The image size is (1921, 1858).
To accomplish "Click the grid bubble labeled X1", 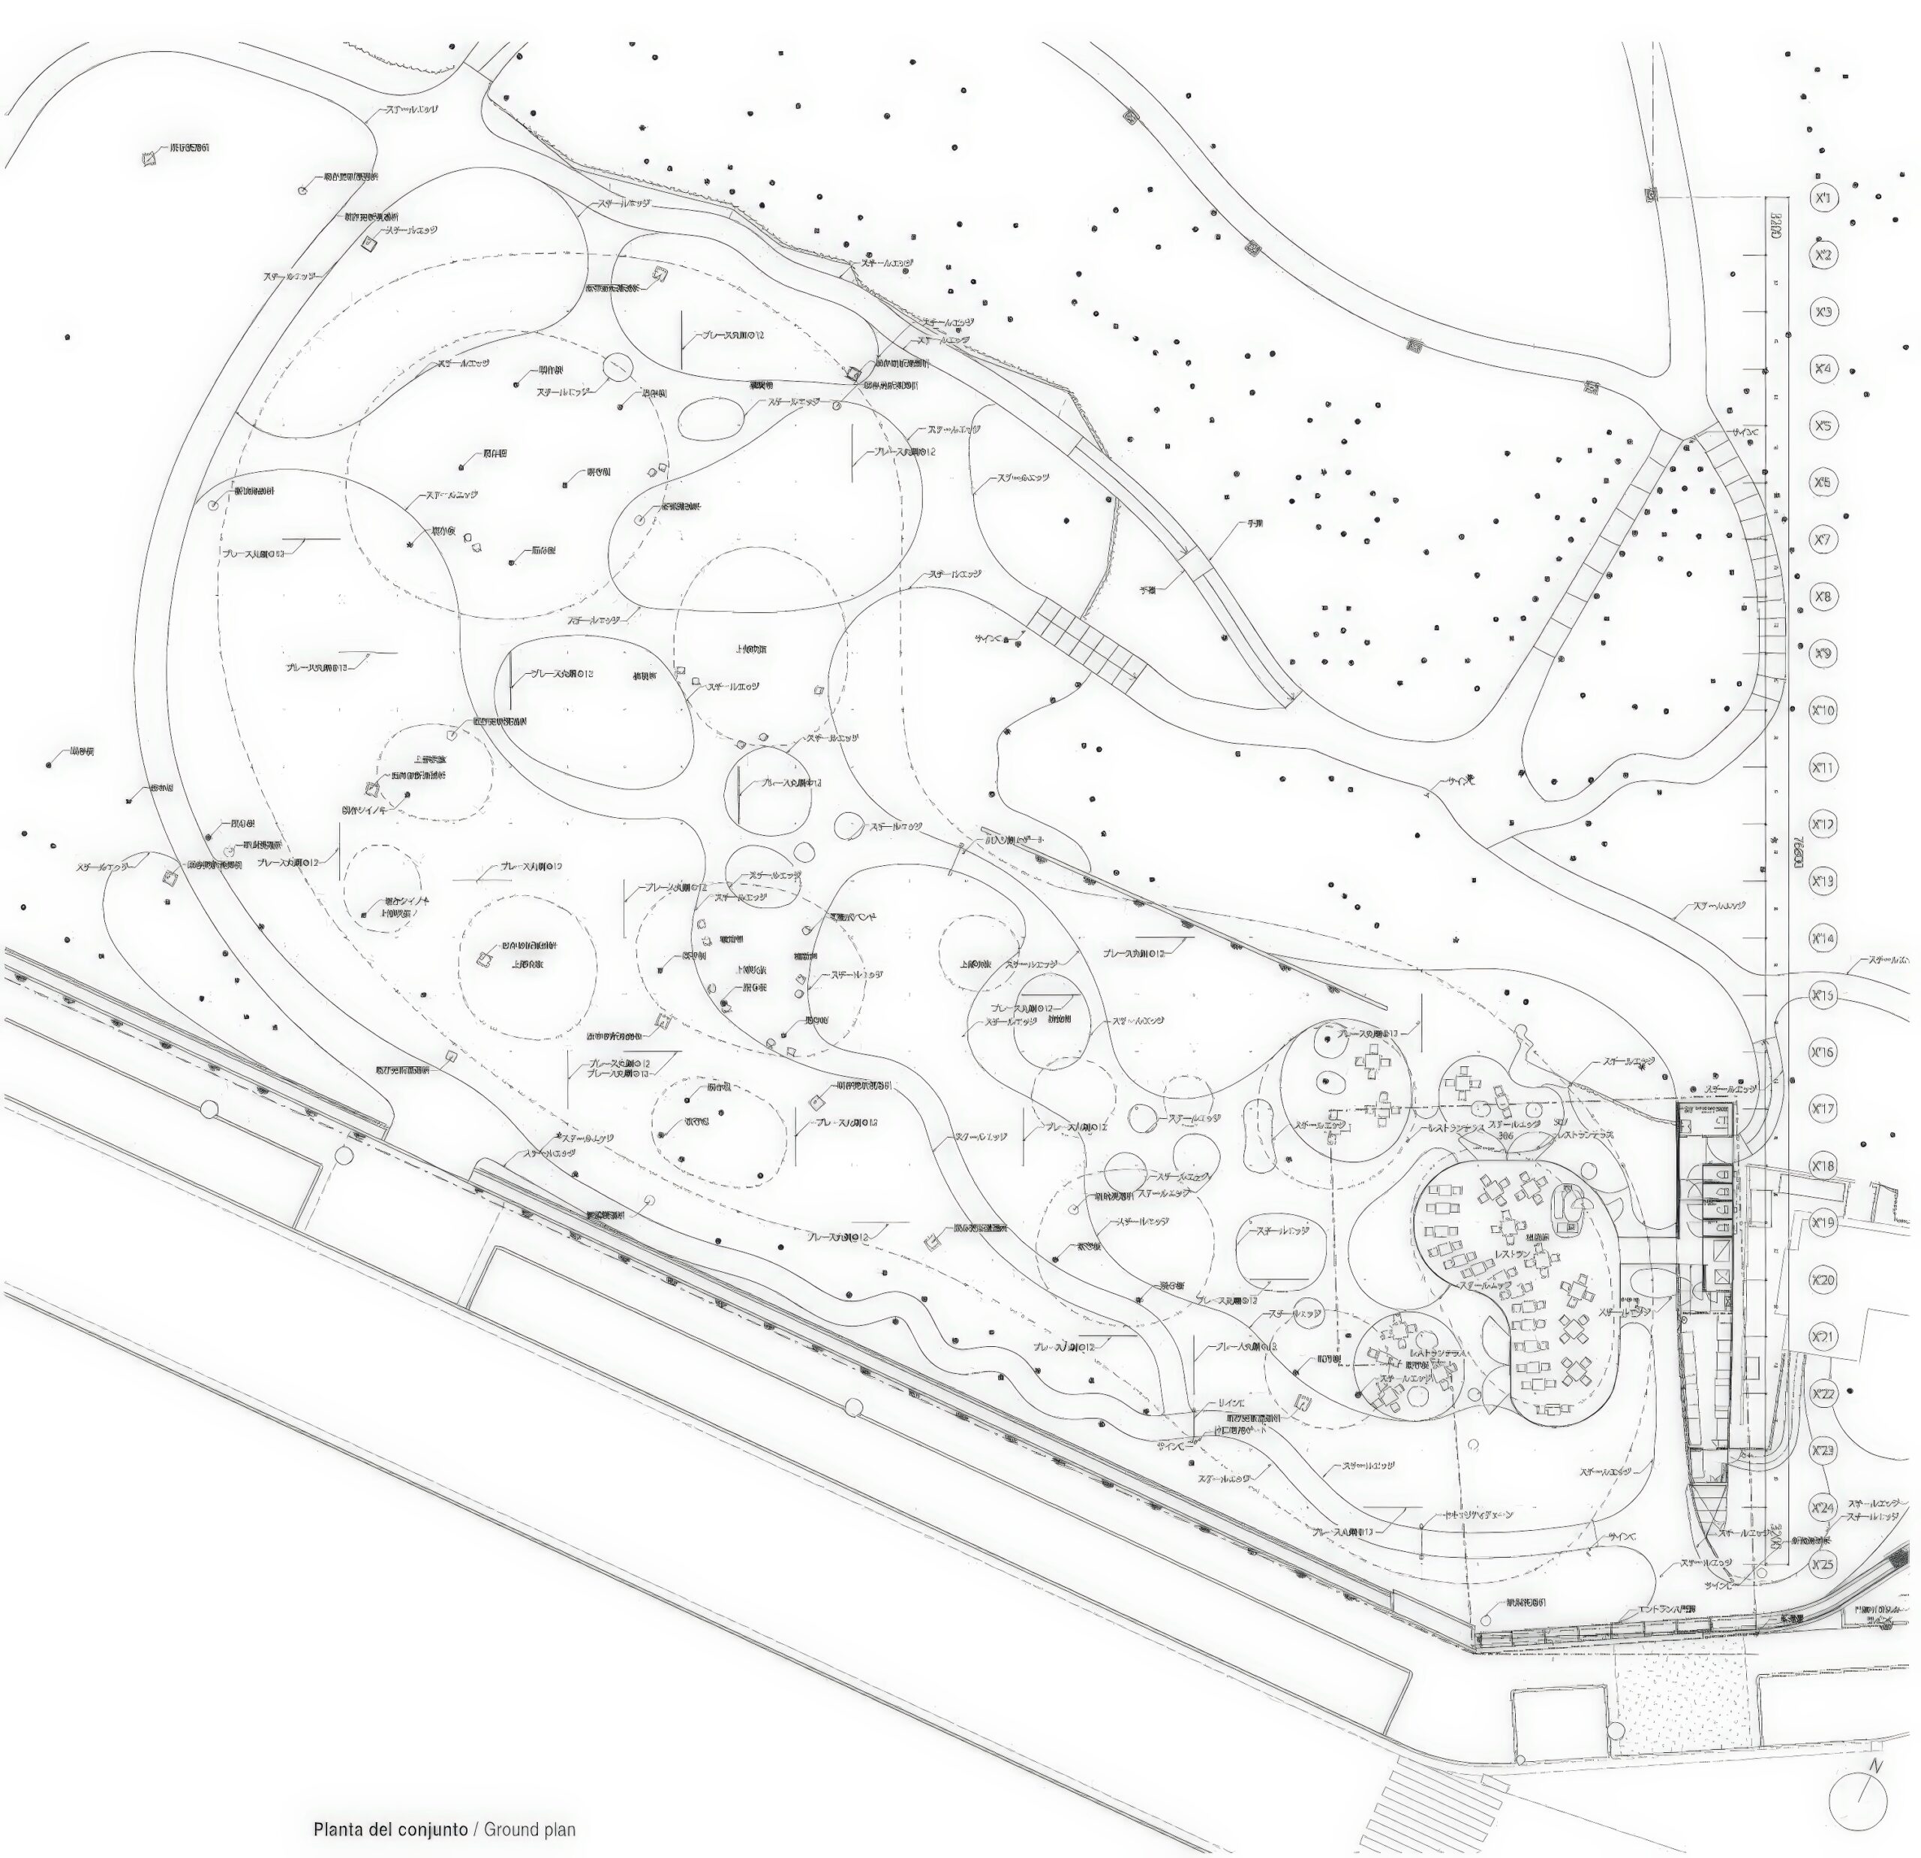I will [1823, 199].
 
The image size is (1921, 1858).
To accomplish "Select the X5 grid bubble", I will [1823, 426].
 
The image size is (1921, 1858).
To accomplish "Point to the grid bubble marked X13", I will [1823, 881].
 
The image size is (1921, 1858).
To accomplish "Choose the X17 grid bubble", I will [1823, 1108].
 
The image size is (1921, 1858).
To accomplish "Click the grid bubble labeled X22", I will [1823, 1393].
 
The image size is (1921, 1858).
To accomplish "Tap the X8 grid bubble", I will [1823, 597].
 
